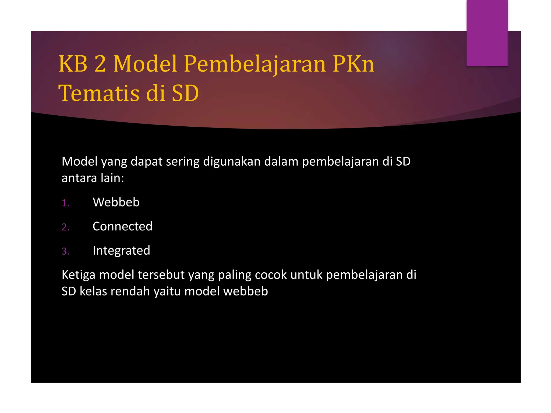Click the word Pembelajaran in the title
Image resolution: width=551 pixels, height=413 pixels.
coord(255,64)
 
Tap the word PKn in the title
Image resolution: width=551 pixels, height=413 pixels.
coord(353,64)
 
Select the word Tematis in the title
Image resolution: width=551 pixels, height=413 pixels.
coord(98,93)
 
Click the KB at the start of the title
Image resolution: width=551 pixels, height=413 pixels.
coord(73,64)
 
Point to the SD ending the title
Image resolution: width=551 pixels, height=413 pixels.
coord(185,93)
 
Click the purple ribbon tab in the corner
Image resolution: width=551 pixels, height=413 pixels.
coord(487,33)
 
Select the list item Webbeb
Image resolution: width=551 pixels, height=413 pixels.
coord(116,202)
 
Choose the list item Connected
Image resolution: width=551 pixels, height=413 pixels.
coord(122,226)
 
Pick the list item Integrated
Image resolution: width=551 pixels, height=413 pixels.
coord(121,251)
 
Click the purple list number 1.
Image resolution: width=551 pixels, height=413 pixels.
coord(65,203)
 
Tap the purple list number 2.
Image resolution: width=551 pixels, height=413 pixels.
coord(65,227)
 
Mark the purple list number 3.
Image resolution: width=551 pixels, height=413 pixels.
coord(65,251)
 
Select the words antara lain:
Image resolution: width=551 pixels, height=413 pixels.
coord(93,178)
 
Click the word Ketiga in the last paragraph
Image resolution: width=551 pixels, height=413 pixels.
coord(78,275)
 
